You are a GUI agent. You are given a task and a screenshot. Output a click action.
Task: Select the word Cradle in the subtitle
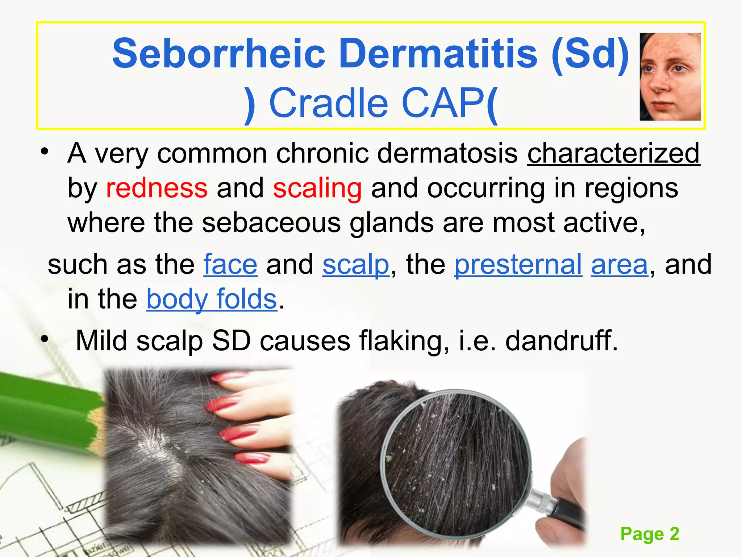[x=329, y=103]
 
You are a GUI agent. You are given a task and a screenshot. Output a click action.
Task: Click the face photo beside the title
[x=670, y=77]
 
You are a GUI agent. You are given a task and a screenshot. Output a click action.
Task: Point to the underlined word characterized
[x=613, y=153]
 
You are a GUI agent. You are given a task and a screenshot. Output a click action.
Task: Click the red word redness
[x=157, y=188]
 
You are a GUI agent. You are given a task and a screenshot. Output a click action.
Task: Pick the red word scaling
[x=317, y=189]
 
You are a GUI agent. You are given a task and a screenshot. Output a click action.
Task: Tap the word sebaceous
[x=271, y=223]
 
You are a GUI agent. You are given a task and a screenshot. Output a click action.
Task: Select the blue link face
[x=230, y=264]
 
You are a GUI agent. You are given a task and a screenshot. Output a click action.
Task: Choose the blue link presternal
[x=518, y=264]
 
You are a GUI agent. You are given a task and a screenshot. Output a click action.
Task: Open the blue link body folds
[x=212, y=299]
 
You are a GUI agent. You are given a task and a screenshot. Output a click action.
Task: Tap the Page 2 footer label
[x=650, y=534]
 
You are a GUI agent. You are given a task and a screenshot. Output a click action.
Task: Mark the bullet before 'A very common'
[x=45, y=152]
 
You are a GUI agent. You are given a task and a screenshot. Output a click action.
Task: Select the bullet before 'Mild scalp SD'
[x=45, y=340]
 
